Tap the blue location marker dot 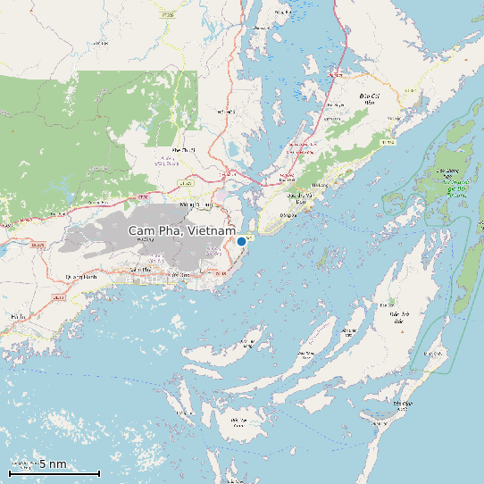tap(241, 241)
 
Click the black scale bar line tap(54, 472)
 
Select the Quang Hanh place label tap(80, 277)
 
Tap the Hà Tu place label tap(18, 316)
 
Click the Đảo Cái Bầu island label tap(366, 98)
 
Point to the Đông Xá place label tap(288, 215)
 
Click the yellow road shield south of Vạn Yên tap(386, 142)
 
